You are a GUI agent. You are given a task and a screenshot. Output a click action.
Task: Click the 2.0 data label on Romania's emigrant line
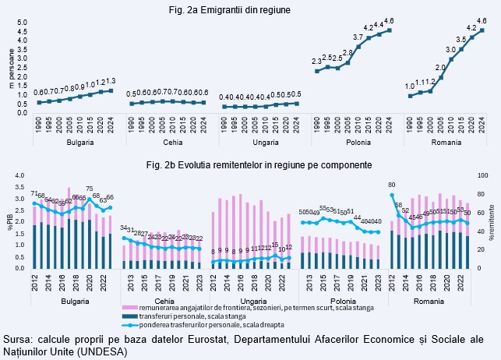[440, 68]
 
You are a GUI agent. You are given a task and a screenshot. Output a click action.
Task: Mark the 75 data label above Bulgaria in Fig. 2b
[90, 189]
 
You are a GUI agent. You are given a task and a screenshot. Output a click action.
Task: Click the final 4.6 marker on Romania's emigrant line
[482, 30]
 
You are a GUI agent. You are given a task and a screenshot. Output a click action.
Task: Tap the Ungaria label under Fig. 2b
[250, 298]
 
